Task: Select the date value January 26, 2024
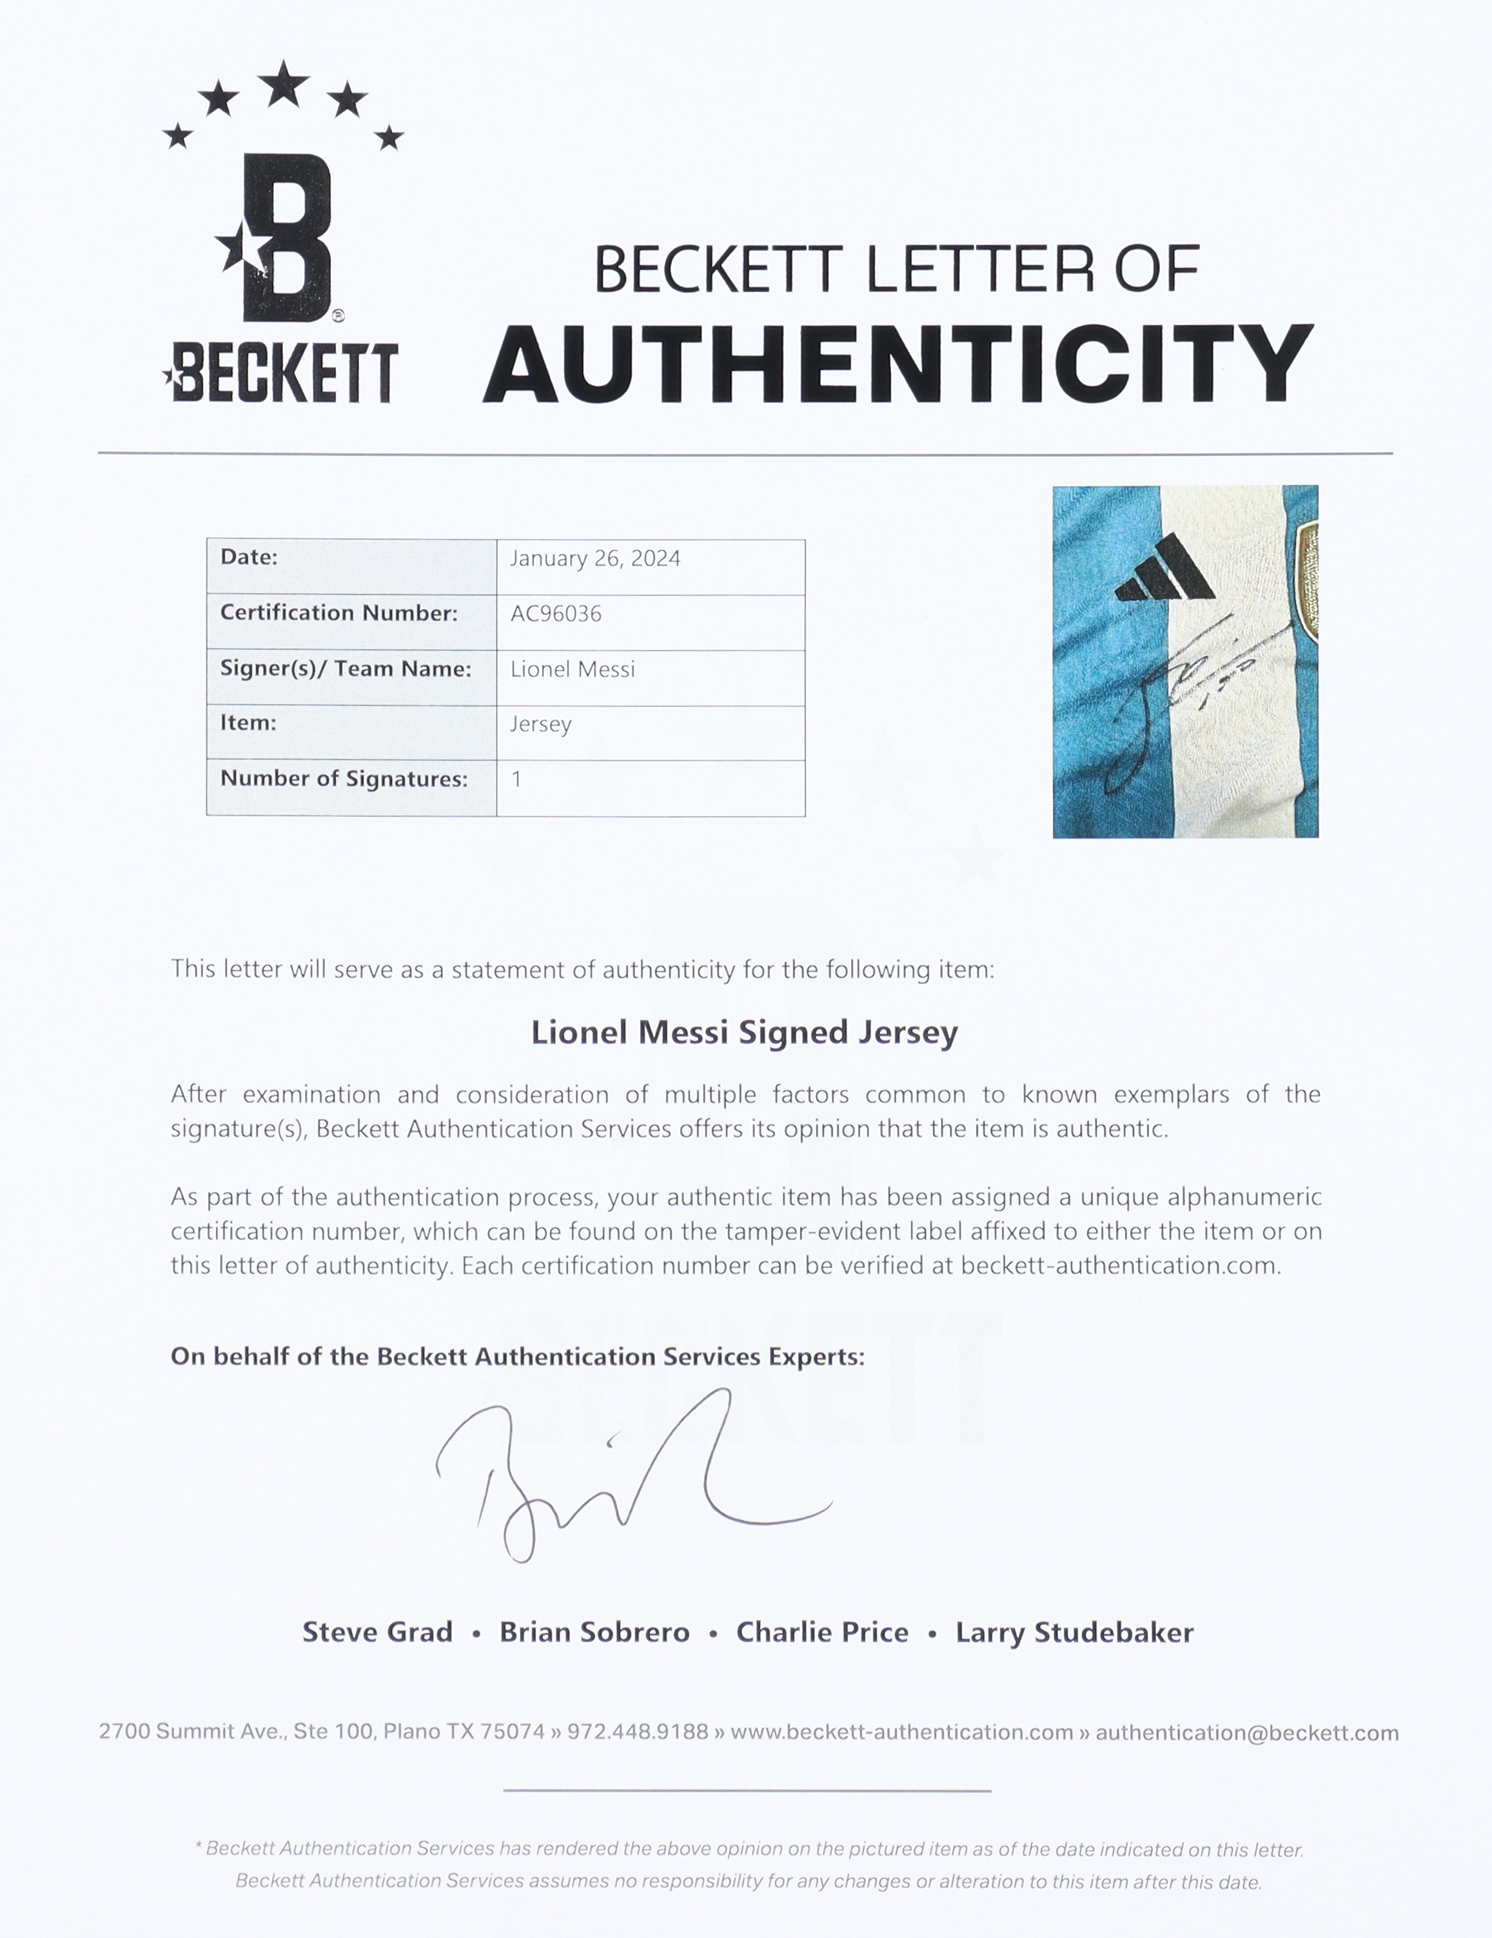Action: pyautogui.click(x=594, y=558)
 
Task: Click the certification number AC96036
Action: pyautogui.click(x=556, y=613)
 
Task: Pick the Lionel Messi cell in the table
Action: pyautogui.click(x=573, y=669)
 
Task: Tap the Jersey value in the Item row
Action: pyautogui.click(x=540, y=724)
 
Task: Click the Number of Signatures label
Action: pyautogui.click(x=344, y=778)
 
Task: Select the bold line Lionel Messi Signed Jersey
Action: pyautogui.click(x=745, y=1032)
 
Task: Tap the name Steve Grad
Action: pyautogui.click(x=377, y=1631)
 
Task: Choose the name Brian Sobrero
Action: pyautogui.click(x=594, y=1631)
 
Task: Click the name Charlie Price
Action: pyautogui.click(x=822, y=1631)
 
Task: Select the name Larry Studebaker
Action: pyautogui.click(x=1074, y=1631)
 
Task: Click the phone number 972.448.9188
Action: pyautogui.click(x=637, y=1731)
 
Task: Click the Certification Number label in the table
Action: pyautogui.click(x=338, y=612)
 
